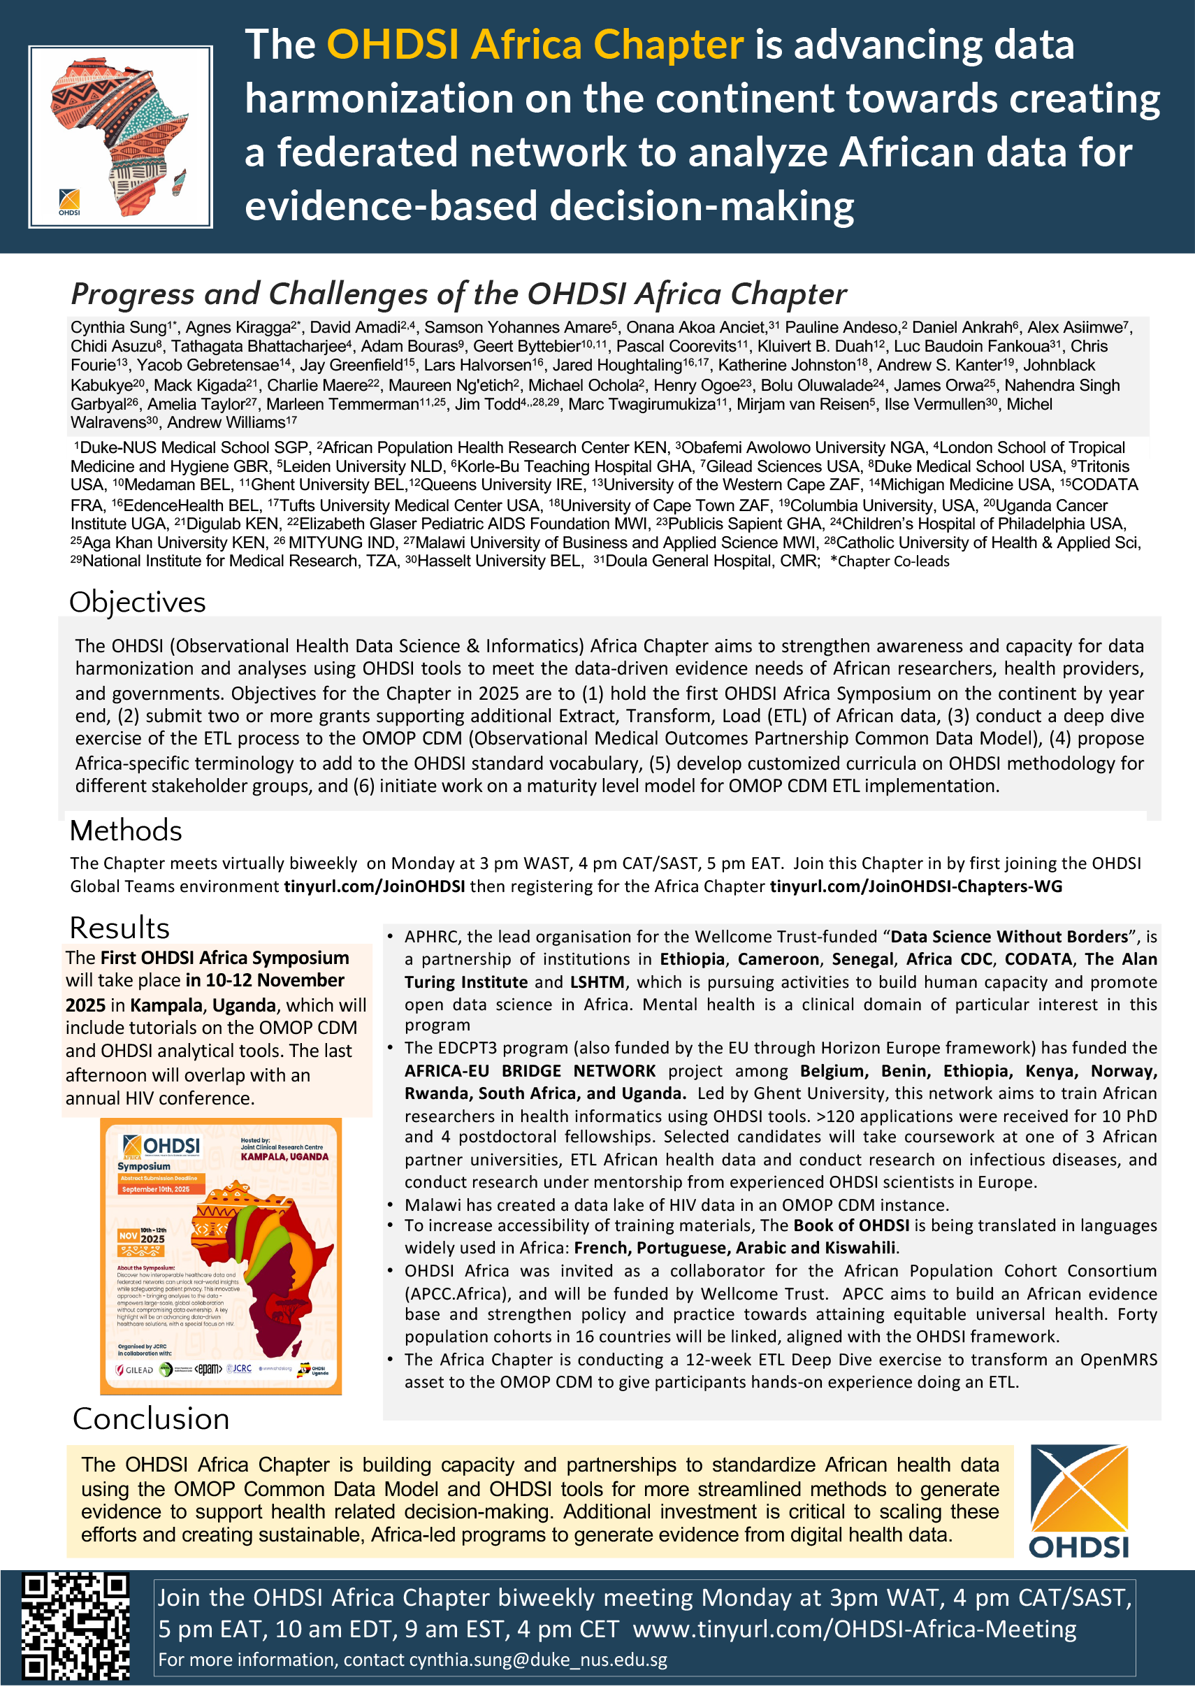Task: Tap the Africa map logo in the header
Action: tap(120, 137)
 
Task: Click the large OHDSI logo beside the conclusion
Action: tap(1079, 1502)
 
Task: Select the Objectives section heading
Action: tap(138, 602)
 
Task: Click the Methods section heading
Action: tap(126, 831)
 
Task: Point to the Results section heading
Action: tap(119, 928)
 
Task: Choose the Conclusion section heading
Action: tap(151, 1418)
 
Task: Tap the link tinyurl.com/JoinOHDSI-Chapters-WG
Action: tap(916, 886)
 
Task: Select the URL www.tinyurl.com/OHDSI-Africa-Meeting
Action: tap(854, 1629)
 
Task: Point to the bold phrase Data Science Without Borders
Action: tap(1009, 937)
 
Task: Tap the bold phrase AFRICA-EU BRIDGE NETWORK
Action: tap(530, 1071)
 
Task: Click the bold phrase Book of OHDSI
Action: tap(851, 1226)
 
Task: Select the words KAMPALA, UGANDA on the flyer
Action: tap(284, 1157)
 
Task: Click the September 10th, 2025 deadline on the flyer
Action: tap(156, 1189)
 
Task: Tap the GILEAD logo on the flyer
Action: tap(136, 1370)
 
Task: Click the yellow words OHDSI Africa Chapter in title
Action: tap(535, 45)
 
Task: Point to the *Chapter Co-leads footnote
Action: tap(890, 561)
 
